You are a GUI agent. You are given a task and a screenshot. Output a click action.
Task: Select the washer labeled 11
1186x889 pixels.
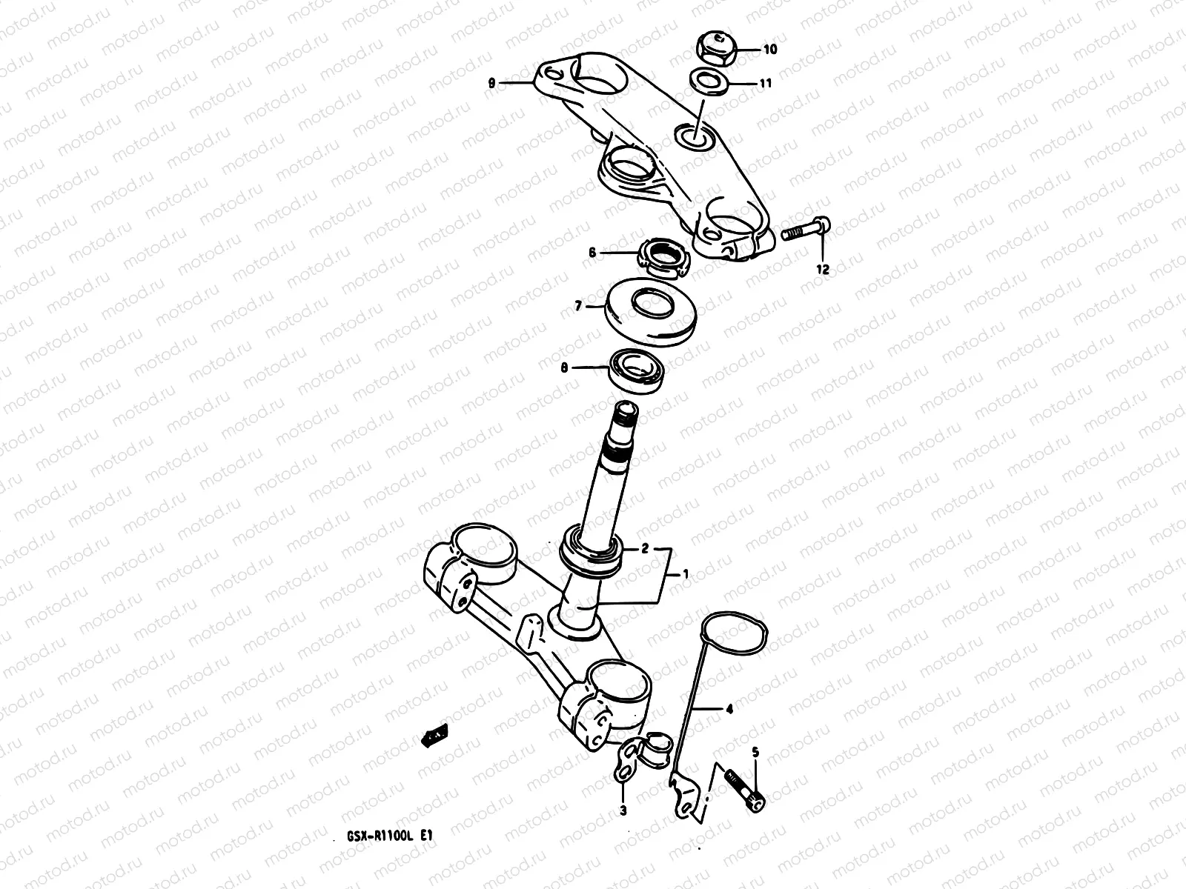[x=709, y=79]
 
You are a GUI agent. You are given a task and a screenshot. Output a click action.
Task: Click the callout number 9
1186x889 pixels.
[x=491, y=84]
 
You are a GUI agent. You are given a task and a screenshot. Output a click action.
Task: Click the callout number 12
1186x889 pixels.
[x=823, y=270]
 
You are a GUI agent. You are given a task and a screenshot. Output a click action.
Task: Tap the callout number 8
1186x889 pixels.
[x=564, y=367]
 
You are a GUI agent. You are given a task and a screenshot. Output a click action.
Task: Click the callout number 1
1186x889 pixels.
[x=686, y=573]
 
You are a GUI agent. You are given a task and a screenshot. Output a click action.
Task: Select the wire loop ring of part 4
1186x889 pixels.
[x=734, y=638]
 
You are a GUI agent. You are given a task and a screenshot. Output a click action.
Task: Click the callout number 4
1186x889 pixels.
[x=729, y=709]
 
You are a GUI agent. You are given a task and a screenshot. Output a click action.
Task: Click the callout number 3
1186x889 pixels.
[x=623, y=811]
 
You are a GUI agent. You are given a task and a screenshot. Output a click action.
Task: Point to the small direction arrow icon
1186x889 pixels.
[x=434, y=734]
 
